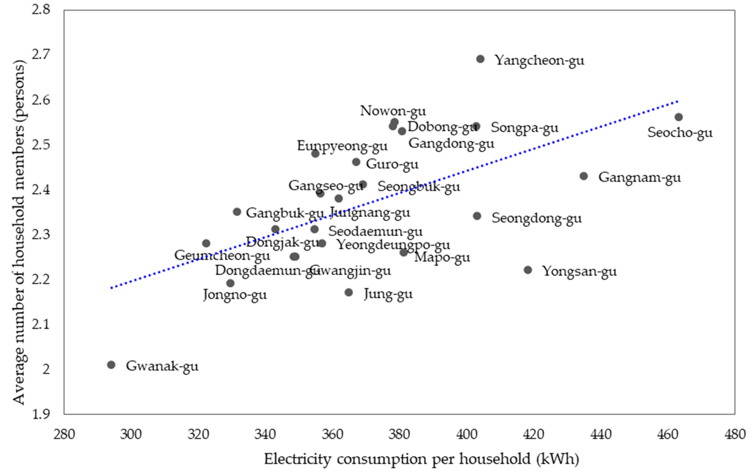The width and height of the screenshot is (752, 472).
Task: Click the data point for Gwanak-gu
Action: click(111, 365)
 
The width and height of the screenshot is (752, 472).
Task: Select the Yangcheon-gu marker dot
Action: click(480, 59)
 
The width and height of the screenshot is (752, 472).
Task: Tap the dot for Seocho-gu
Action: click(678, 117)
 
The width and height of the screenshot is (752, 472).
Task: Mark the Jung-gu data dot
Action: click(349, 292)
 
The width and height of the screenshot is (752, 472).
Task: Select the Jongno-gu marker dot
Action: click(230, 283)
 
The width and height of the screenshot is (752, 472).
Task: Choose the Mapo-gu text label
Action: click(442, 258)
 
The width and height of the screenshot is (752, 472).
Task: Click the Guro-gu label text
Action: click(392, 164)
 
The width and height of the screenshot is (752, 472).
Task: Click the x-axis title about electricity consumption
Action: click(422, 459)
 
